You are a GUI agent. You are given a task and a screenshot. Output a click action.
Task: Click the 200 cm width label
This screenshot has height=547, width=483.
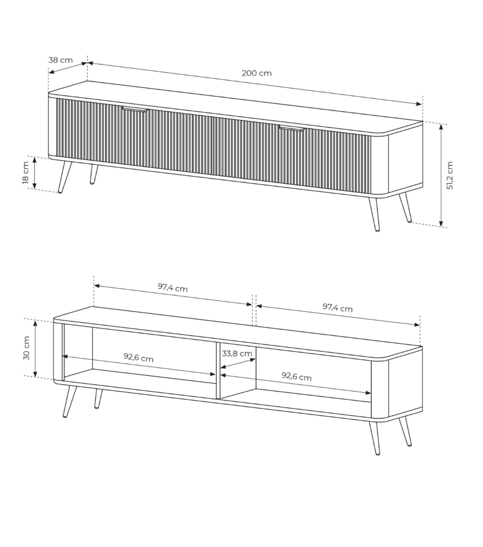[x=257, y=73]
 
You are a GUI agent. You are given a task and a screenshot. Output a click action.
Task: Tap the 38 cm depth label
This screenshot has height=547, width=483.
[x=61, y=60]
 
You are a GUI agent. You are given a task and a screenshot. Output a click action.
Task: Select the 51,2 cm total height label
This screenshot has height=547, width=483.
[x=450, y=175]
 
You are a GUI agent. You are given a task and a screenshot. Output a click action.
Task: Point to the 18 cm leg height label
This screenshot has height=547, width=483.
[x=26, y=173]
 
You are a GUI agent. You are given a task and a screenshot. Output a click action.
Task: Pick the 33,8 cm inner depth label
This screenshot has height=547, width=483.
[x=237, y=353]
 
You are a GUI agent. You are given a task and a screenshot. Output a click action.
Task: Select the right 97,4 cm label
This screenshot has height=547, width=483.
[x=338, y=308]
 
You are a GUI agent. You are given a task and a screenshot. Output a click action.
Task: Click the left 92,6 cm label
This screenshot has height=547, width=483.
[x=138, y=357]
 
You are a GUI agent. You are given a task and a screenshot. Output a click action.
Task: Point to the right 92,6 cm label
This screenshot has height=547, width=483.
[x=297, y=376]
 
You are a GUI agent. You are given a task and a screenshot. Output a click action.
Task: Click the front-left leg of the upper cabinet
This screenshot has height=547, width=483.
[x=65, y=177]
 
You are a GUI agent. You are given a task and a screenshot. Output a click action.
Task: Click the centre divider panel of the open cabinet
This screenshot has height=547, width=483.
[x=218, y=370]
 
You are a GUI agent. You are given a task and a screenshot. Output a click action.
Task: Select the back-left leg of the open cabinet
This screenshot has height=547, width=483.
[x=98, y=399]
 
